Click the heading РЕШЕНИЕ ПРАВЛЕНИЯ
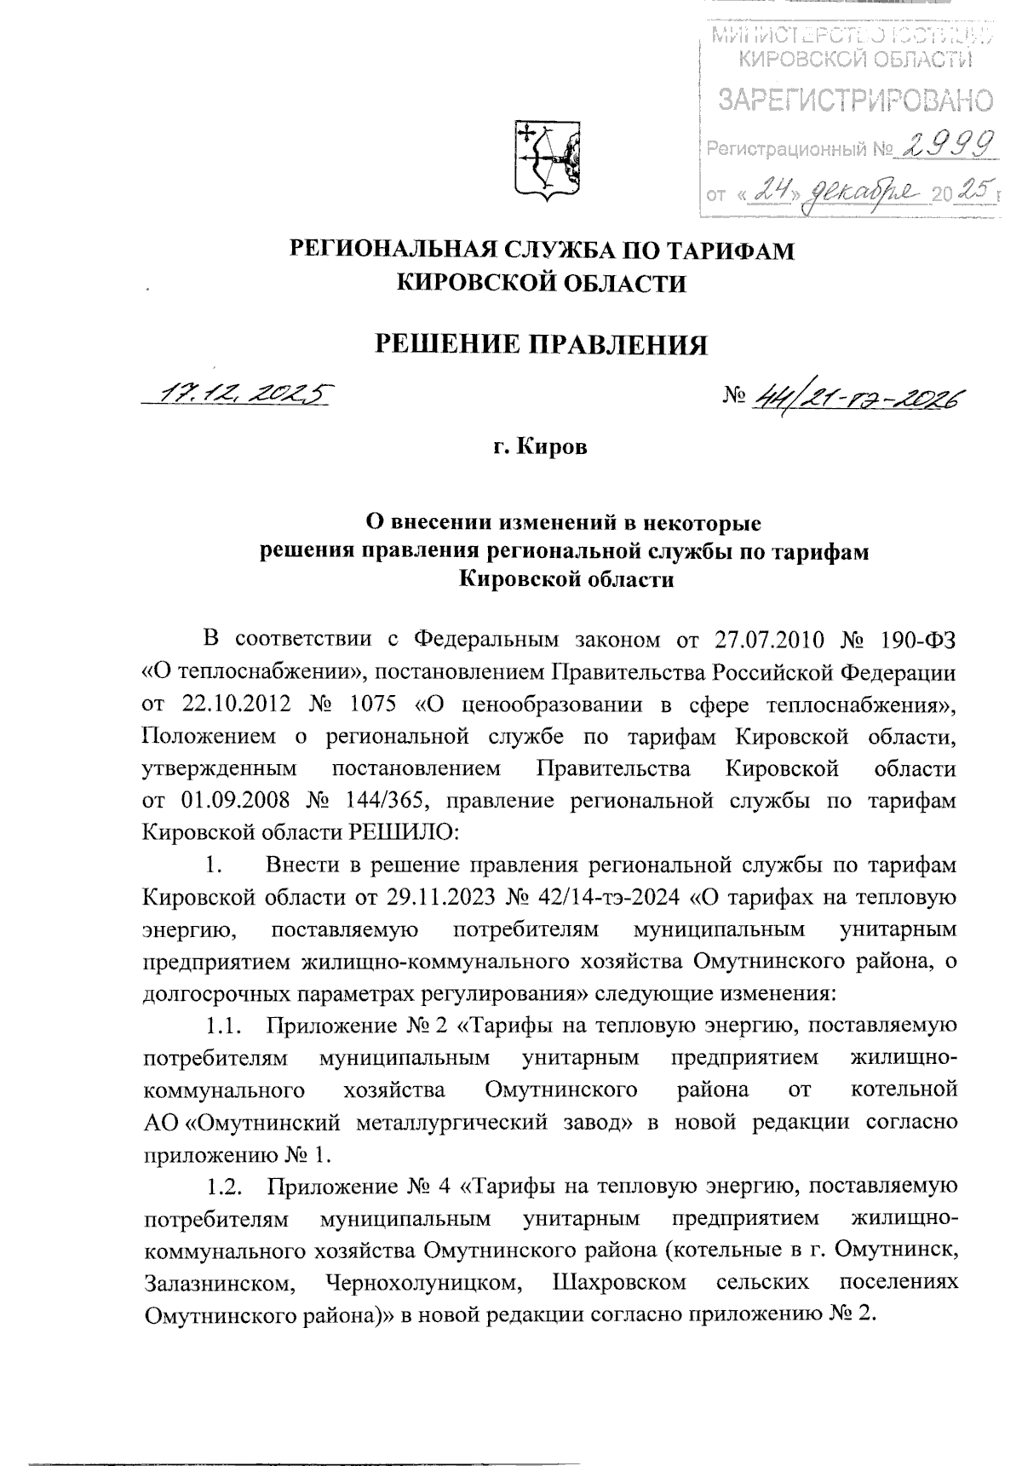point(543,344)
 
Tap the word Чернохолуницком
point(420,1283)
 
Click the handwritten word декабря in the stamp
point(849,191)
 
